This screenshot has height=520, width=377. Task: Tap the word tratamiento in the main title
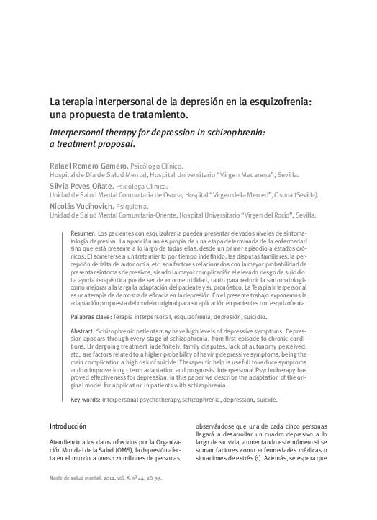point(158,115)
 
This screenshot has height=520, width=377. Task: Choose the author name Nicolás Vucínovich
point(83,205)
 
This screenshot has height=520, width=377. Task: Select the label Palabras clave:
point(91,317)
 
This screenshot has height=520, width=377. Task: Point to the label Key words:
point(86,399)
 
